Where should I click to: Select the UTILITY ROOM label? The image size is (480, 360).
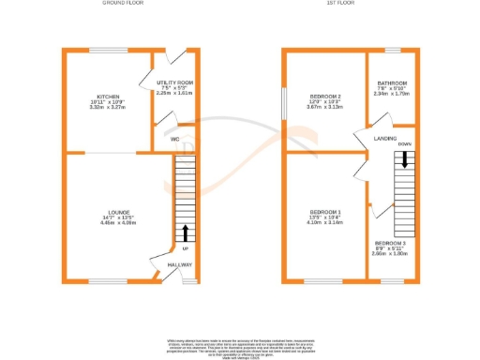[x=173, y=83]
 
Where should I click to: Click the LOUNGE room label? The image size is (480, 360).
[x=118, y=213]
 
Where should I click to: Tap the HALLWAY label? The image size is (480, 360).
[x=180, y=265]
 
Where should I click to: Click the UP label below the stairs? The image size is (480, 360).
[x=186, y=248]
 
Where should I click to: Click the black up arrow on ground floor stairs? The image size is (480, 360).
[x=186, y=232]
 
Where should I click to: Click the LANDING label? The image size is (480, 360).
[x=385, y=139]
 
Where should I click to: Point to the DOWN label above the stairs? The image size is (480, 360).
[x=404, y=143]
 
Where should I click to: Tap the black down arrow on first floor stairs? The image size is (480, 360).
[x=404, y=160]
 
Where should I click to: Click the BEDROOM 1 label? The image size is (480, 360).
[x=326, y=213]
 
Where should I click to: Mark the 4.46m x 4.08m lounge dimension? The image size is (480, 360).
[x=118, y=224]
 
